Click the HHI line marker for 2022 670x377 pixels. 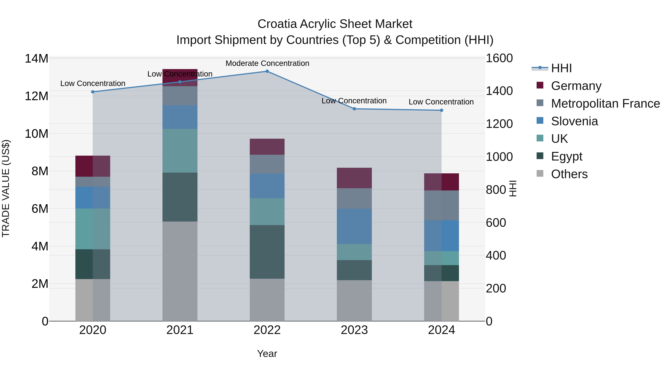tap(267, 71)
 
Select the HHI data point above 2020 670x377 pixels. tap(93, 92)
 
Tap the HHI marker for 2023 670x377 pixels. tap(354, 109)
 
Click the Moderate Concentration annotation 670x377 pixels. tap(267, 63)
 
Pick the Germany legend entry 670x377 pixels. tap(576, 86)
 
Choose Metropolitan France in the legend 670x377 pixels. tap(605, 104)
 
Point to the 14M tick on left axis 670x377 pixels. tap(36, 58)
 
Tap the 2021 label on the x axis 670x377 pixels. tap(180, 330)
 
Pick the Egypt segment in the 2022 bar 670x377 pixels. tap(267, 252)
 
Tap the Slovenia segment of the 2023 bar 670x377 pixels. tap(354, 226)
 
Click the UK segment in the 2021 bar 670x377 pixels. tap(180, 151)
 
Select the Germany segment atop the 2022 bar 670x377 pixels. tap(267, 147)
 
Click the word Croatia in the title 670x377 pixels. tap(277, 24)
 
